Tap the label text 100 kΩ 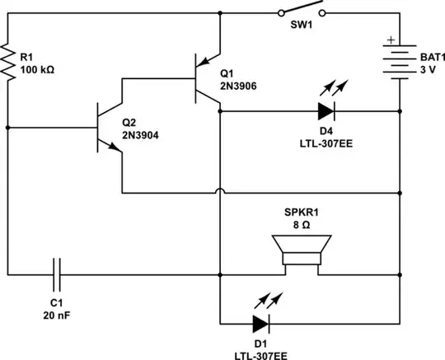click(x=38, y=71)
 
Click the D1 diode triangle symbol click(x=261, y=323)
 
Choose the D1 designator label click(x=261, y=342)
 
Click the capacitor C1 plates click(x=57, y=273)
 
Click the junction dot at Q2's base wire click(x=8, y=129)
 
